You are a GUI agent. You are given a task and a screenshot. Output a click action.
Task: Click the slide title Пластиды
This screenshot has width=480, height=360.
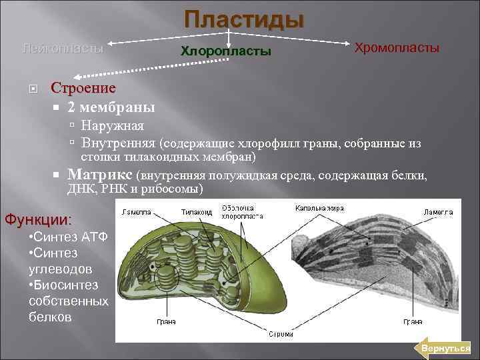pyautogui.click(x=244, y=20)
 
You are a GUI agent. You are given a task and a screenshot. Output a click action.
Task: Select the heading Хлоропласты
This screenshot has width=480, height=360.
pyautogui.click(x=226, y=51)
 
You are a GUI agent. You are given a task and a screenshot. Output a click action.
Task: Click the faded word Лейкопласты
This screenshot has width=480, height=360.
pyautogui.click(x=63, y=48)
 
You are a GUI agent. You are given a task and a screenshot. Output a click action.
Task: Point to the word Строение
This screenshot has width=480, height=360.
pyautogui.click(x=83, y=88)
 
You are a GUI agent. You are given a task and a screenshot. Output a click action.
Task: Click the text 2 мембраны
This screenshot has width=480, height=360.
pyautogui.click(x=111, y=107)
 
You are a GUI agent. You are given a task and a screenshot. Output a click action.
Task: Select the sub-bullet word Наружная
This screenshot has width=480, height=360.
pyautogui.click(x=112, y=125)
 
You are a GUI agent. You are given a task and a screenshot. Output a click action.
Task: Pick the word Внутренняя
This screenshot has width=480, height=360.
pyautogui.click(x=119, y=143)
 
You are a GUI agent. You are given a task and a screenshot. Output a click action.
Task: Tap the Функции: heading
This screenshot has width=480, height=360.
pyautogui.click(x=38, y=219)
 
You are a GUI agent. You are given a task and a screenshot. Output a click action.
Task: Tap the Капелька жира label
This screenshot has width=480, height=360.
pyautogui.click(x=319, y=209)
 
